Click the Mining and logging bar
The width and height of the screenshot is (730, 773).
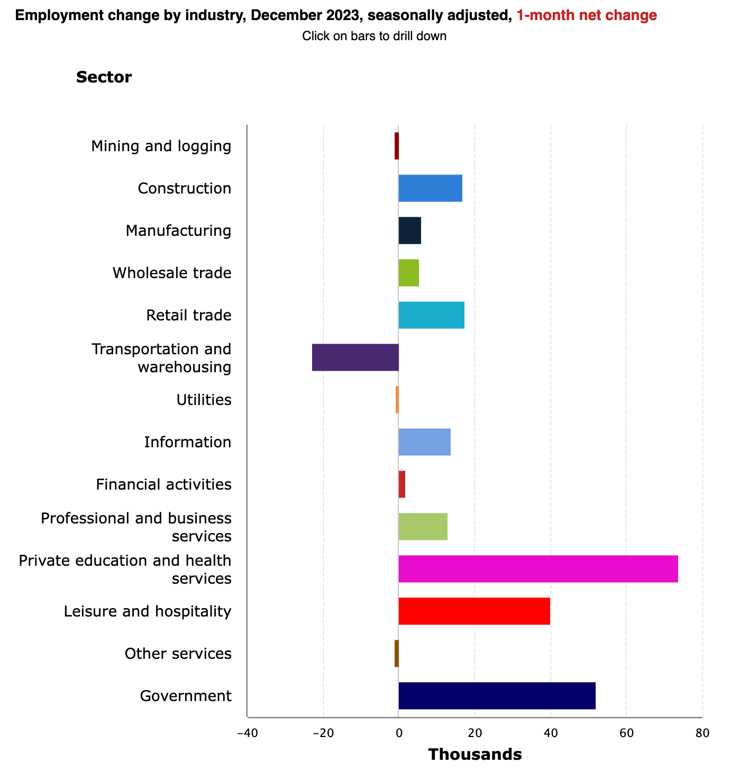point(397,146)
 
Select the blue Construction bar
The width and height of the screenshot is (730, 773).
point(431,188)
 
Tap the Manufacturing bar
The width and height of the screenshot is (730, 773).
point(410,231)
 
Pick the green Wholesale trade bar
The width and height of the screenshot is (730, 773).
point(408,273)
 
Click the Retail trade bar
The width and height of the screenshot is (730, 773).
point(432,315)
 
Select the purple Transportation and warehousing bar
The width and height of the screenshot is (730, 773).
point(355,357)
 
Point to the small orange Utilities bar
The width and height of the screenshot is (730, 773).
point(397,400)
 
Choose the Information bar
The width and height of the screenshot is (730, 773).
point(425,442)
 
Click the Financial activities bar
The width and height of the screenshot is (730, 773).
point(402,484)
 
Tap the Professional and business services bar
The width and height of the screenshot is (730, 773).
point(423,527)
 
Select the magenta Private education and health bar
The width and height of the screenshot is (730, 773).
point(539,569)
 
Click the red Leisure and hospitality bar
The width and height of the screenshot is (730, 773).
point(474,611)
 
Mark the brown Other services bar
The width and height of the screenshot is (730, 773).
point(397,654)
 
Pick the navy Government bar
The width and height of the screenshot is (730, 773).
point(497,696)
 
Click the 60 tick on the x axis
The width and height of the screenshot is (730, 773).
point(626,733)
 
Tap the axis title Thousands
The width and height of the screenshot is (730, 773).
point(475,754)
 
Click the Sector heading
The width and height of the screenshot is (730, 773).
point(104,77)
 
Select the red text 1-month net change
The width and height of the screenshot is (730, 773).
point(587,15)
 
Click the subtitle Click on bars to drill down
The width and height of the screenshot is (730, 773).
point(375,36)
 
